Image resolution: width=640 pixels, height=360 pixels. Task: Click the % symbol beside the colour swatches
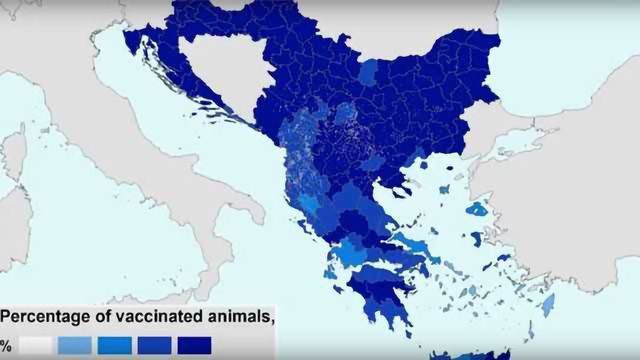(6, 345)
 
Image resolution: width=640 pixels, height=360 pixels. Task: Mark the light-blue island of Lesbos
(478, 210)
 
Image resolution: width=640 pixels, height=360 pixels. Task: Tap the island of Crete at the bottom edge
(470, 354)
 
